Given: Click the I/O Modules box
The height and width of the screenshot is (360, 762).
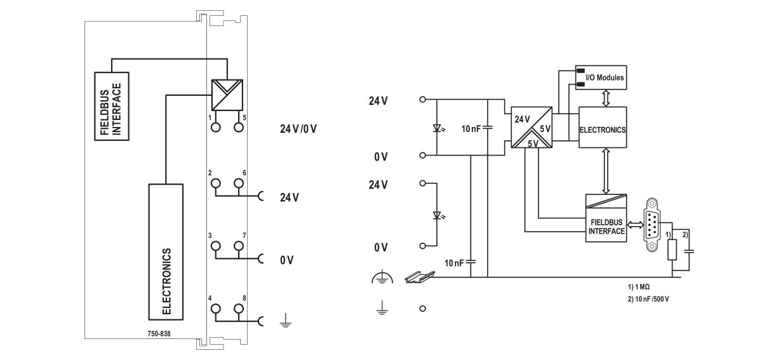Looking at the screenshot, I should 601,77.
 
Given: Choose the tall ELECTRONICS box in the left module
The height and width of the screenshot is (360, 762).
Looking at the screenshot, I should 166,251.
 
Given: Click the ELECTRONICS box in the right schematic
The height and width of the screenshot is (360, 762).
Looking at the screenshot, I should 602,129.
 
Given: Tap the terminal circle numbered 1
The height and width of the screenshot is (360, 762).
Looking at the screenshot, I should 216,127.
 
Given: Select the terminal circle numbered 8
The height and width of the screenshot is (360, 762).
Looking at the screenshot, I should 239,309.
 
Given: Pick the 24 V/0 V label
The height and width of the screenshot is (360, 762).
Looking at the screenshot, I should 298,128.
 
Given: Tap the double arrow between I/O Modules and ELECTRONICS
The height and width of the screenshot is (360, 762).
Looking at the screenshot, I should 605,98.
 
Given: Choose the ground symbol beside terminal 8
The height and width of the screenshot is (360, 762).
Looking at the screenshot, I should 284,322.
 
